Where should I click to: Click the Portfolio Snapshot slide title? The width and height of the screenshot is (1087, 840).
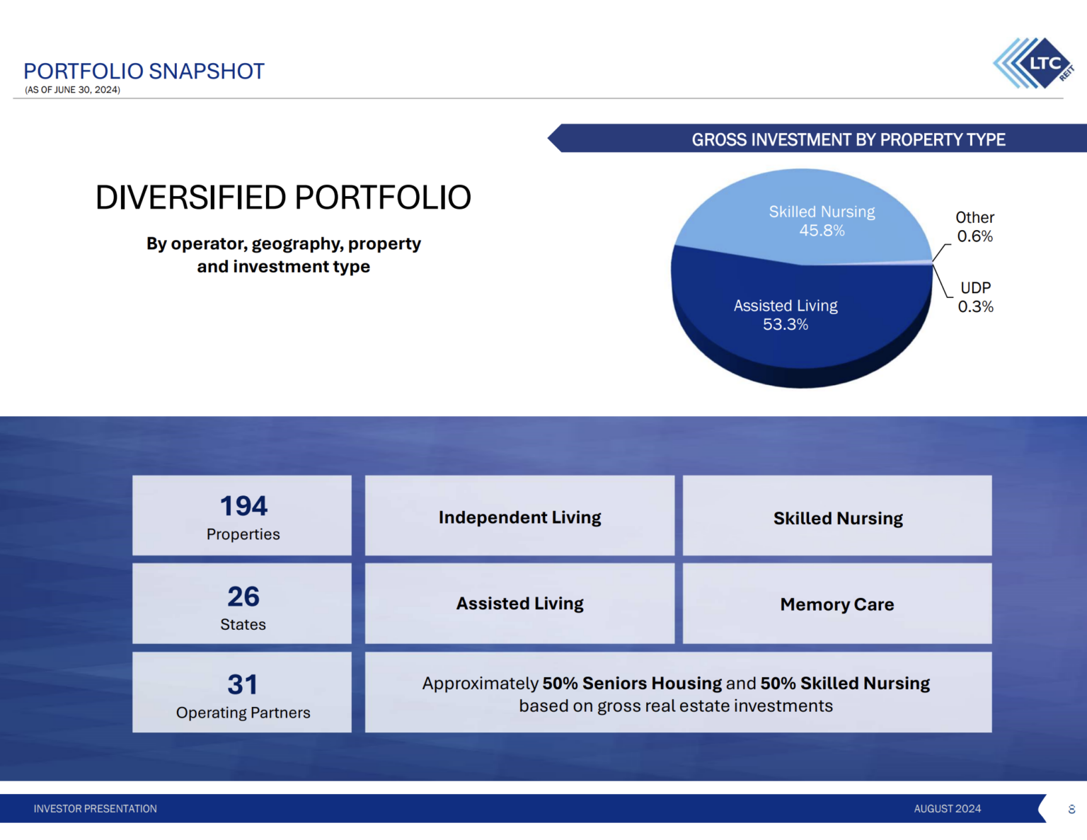point(144,71)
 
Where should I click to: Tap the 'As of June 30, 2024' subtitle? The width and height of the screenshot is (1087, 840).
point(72,90)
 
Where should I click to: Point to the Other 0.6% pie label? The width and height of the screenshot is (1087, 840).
point(974,226)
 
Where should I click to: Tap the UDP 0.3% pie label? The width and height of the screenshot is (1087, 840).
point(975,297)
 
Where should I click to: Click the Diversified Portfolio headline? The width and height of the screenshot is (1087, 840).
point(283,197)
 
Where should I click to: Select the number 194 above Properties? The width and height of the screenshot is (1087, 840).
point(243,506)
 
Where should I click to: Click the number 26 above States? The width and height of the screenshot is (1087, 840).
point(243,597)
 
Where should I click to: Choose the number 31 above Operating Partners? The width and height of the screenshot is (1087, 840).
point(243,684)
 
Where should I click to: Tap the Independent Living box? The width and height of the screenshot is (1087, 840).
point(519,517)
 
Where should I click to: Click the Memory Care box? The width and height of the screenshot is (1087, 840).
point(837,604)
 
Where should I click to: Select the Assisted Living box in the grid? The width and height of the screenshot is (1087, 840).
point(519,604)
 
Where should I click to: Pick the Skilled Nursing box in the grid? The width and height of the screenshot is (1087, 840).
point(838,518)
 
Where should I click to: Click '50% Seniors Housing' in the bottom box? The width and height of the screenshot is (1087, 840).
point(631,683)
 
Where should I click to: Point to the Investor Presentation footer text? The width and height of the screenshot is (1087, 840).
point(96,808)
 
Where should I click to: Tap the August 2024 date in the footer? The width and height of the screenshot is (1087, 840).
point(947,808)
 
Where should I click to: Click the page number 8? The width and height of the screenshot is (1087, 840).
point(1071,809)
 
